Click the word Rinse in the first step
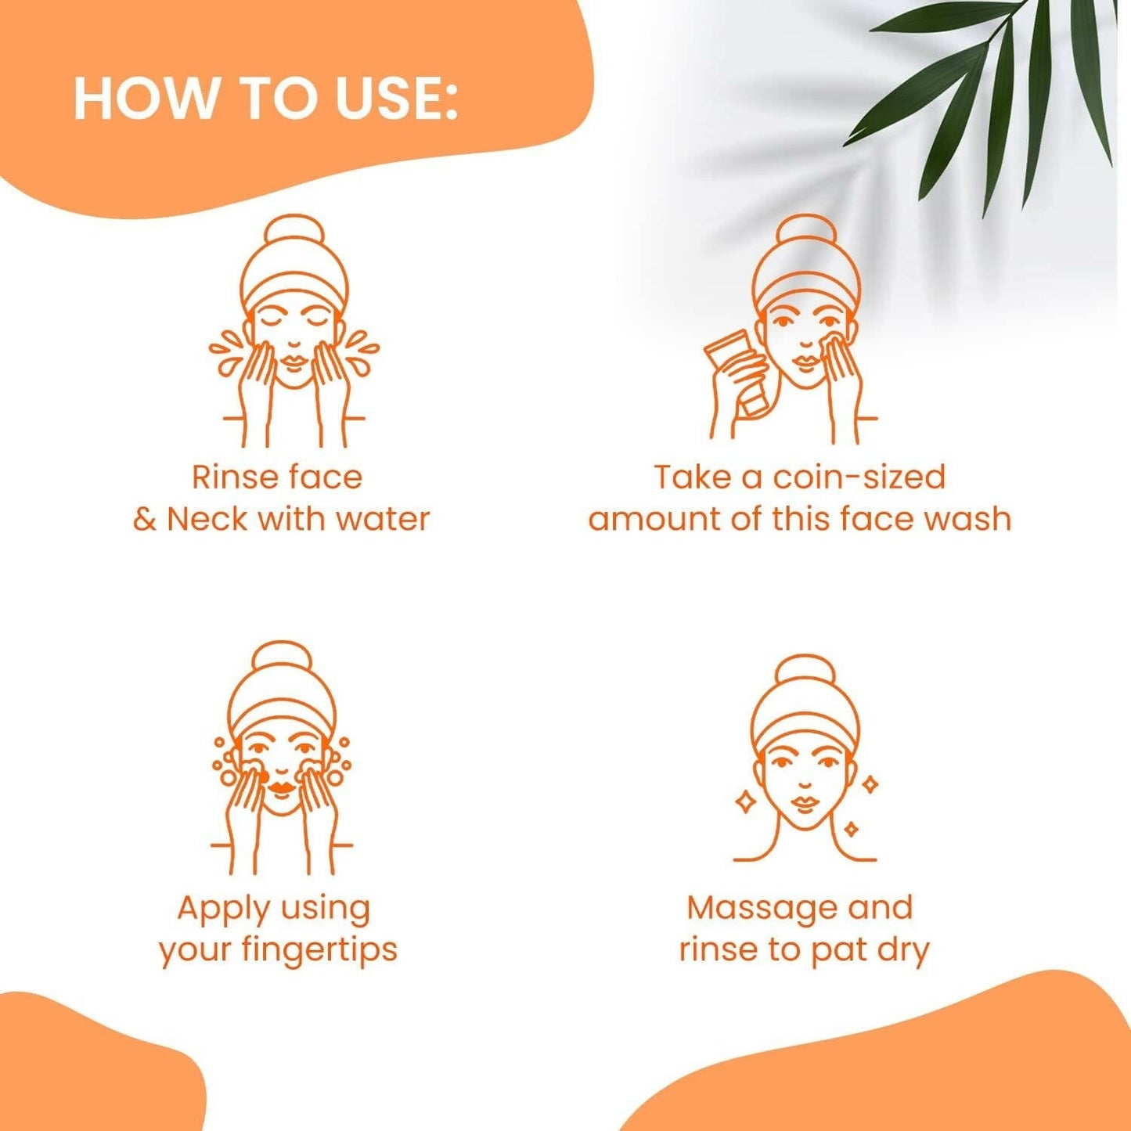232,477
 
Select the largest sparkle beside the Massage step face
746,801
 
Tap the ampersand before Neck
145,519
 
